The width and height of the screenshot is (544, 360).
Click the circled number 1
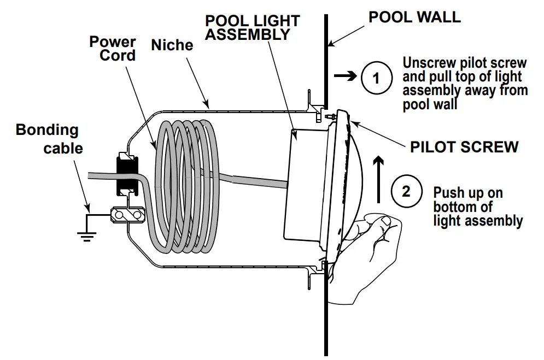[x=376, y=78]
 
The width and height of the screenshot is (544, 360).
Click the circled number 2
[x=406, y=191]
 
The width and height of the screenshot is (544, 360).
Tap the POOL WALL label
[x=414, y=16]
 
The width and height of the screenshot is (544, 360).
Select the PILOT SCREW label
[x=464, y=146]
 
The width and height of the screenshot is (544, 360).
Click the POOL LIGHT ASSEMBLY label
[x=252, y=28]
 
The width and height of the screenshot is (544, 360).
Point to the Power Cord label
[x=113, y=49]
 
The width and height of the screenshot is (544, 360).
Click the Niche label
[x=172, y=45]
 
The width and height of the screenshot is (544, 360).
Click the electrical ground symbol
[x=86, y=234]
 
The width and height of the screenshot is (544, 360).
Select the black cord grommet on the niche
[x=126, y=175]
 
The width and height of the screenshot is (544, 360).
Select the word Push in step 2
[x=447, y=193]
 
